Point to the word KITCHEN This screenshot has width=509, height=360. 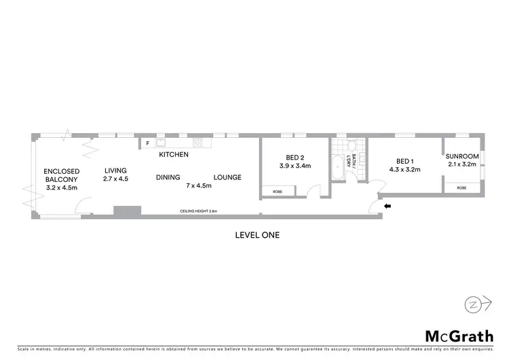(x=174, y=155)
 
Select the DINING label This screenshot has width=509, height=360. (x=168, y=177)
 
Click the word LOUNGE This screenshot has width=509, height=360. (x=227, y=177)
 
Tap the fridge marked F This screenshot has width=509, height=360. (x=147, y=144)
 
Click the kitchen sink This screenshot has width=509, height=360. (x=162, y=143)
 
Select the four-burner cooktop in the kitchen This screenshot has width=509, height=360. (x=198, y=143)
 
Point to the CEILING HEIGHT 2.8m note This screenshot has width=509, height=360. (x=198, y=211)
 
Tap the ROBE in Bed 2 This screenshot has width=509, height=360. (x=277, y=192)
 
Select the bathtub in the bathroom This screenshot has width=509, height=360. (x=338, y=167)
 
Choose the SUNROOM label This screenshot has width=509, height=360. (x=464, y=156)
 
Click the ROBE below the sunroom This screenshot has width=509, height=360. (x=461, y=187)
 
